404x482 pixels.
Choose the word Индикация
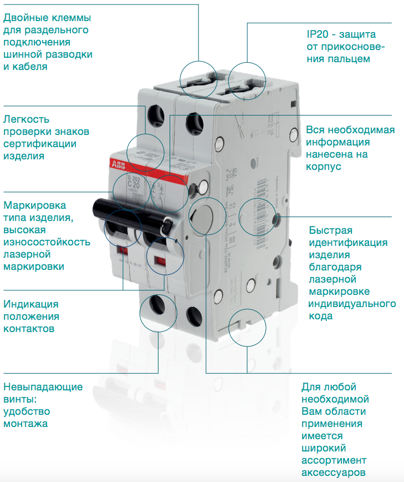pyautogui.click(x=31, y=304)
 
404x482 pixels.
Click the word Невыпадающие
pyautogui.click(x=43, y=387)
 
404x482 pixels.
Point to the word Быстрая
pyautogui.click(x=331, y=230)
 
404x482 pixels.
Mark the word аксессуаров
pyautogui.click(x=333, y=473)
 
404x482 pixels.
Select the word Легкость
pyautogui.click(x=27, y=119)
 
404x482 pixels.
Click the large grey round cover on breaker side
pyautogui.click(x=202, y=217)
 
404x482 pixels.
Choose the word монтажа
pyautogui.click(x=25, y=424)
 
